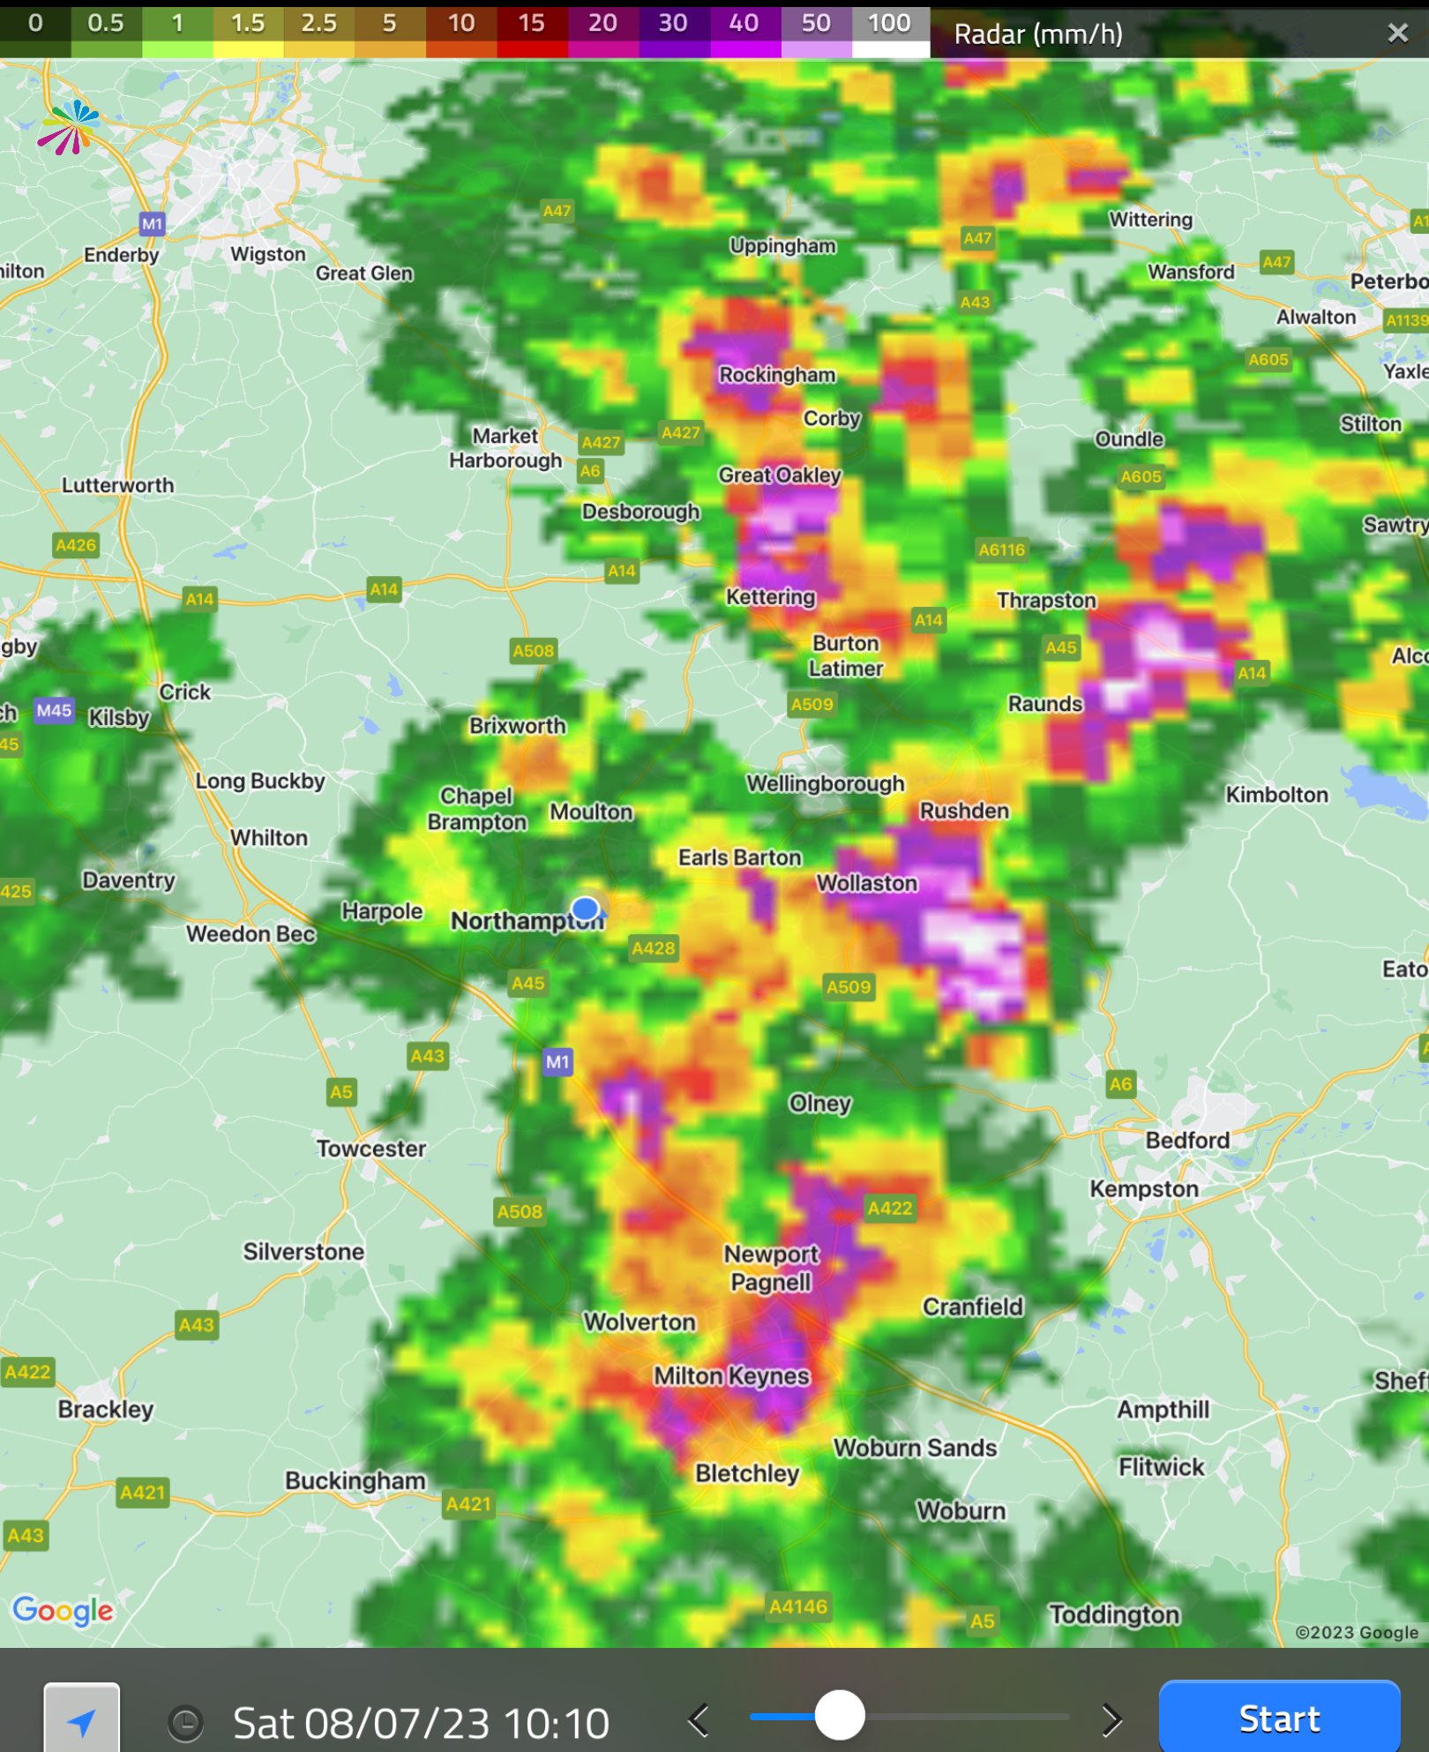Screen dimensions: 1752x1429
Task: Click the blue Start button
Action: point(1279,1718)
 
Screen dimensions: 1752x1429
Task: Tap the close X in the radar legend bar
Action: point(1397,34)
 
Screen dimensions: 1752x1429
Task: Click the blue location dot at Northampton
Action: point(585,908)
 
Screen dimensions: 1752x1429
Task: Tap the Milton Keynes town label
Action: point(731,1376)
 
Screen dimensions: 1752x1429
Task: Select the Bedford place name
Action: point(1187,1141)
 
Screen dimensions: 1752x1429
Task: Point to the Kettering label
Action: point(770,597)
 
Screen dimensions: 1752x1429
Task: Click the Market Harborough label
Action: point(505,448)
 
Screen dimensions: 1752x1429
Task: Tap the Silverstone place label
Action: point(303,1252)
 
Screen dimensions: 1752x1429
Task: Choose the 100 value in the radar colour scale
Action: point(889,24)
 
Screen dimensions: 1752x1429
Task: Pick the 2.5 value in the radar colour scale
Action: point(318,24)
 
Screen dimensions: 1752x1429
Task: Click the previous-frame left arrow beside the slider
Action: point(699,1719)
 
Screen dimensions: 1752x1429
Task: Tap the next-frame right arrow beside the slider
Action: point(1111,1719)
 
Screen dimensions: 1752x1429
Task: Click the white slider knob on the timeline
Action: point(839,1716)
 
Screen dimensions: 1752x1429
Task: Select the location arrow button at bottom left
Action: point(82,1721)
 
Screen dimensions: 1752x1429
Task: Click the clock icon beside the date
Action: point(186,1723)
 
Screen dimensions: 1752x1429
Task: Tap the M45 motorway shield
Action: point(54,710)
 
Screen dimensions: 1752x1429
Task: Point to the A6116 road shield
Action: point(1002,550)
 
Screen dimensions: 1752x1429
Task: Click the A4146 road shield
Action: point(798,1606)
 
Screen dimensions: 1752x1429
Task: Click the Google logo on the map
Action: point(63,1611)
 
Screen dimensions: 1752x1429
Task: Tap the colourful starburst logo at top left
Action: point(69,127)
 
